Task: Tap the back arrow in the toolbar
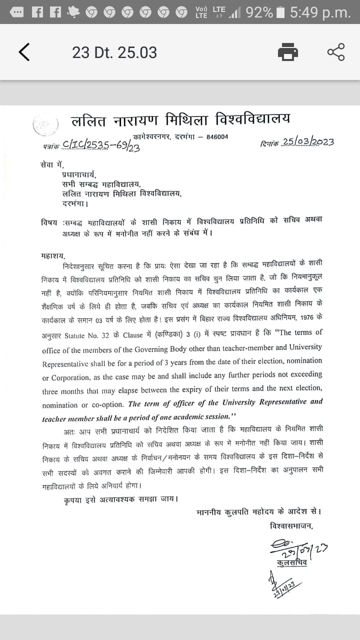pos(24,52)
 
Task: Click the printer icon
pos(288,52)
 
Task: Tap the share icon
pos(336,52)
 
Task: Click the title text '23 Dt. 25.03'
pos(114,52)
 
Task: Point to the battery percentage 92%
pos(259,12)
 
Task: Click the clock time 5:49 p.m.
pos(320,12)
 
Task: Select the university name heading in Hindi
pos(180,120)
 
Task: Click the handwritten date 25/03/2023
pos(307,141)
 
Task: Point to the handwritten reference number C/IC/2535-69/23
pos(100,145)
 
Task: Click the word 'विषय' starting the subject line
pos(49,222)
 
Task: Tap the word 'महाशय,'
pos(53,255)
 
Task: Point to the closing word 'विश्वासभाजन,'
pos(290,525)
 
